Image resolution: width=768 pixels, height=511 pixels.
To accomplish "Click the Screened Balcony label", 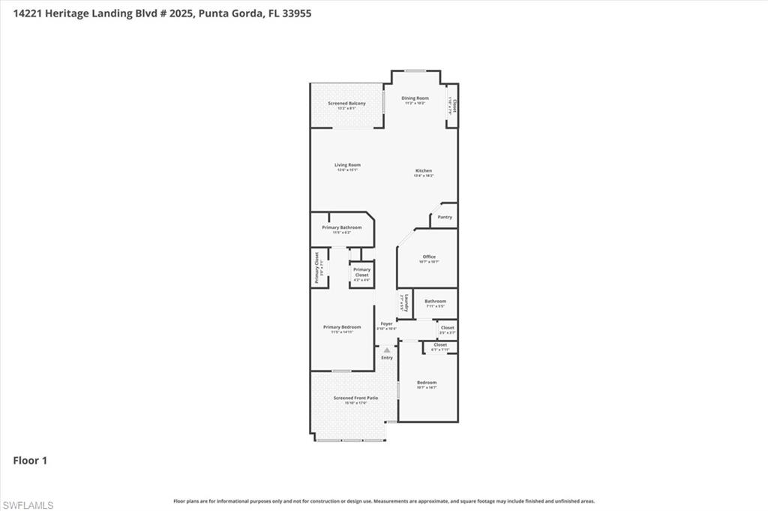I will (x=346, y=103).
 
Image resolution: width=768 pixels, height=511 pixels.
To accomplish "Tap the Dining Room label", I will (x=415, y=98).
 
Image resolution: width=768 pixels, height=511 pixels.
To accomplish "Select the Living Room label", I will (x=347, y=165).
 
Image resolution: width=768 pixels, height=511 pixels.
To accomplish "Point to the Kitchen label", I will (x=424, y=171).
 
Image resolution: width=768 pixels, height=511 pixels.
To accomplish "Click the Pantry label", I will (x=445, y=217).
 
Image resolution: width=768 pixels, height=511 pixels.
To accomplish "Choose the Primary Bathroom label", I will (x=342, y=227).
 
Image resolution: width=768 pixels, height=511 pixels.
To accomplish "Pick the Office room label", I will (x=428, y=257).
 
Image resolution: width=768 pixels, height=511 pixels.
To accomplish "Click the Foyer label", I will (x=386, y=323).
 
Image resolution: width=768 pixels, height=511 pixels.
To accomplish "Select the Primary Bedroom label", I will (x=342, y=327).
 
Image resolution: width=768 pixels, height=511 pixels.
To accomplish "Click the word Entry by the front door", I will (x=387, y=357).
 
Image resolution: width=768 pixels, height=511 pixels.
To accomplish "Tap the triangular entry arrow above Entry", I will (x=387, y=350).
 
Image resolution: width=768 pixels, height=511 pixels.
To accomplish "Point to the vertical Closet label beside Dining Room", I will (x=454, y=106).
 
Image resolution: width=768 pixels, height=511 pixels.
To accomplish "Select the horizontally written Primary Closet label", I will (x=361, y=272).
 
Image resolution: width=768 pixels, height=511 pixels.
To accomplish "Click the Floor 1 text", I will (x=30, y=461).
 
